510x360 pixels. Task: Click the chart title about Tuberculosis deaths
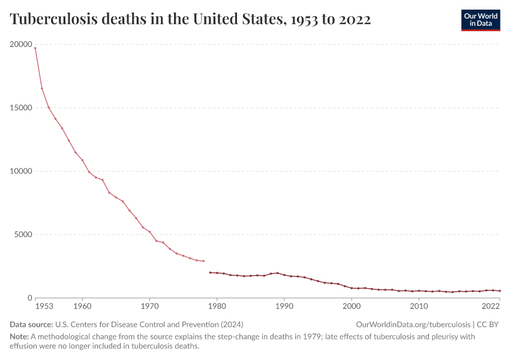click(x=190, y=20)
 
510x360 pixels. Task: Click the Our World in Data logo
click(x=480, y=20)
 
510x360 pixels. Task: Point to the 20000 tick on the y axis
click(x=21, y=44)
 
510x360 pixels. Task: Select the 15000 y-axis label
click(x=21, y=108)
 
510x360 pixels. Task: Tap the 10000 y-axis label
click(x=21, y=171)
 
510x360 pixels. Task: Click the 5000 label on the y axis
click(x=23, y=235)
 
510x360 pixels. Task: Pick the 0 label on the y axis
click(x=28, y=298)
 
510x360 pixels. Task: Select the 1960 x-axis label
click(x=82, y=307)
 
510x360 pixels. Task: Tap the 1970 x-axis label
click(x=149, y=307)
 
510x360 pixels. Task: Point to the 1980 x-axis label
click(x=217, y=307)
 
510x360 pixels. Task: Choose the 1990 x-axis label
click(x=284, y=307)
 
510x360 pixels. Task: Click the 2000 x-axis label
click(x=352, y=307)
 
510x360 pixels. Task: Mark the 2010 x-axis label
click(x=419, y=307)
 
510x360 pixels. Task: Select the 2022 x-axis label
click(x=491, y=307)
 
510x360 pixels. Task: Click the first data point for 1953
click(x=35, y=48)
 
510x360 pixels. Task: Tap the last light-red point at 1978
click(x=203, y=261)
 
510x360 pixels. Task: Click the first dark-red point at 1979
click(x=210, y=272)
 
